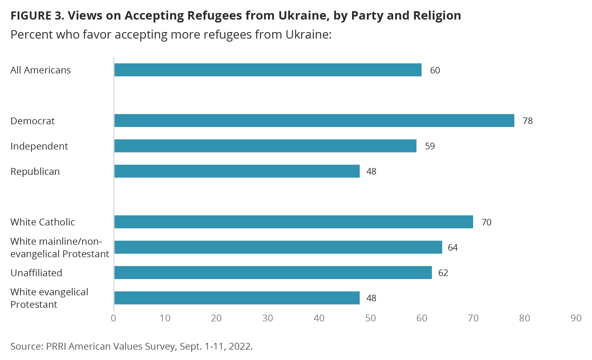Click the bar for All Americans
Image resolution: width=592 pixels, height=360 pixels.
pos(268,70)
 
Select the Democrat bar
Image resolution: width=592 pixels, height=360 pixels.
pos(314,120)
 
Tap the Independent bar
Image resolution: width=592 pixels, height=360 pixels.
pos(265,146)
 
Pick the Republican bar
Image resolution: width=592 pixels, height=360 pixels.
pos(237,171)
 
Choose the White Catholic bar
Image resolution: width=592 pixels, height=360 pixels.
pos(294,222)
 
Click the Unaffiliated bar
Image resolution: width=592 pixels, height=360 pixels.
pos(273,272)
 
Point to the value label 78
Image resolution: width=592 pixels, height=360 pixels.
pos(528,121)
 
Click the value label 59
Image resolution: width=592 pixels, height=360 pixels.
pos(430,146)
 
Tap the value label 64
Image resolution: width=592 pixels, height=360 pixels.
pos(453,247)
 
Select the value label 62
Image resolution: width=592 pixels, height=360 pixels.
pos(443,273)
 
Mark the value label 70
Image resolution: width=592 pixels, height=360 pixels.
pos(486,222)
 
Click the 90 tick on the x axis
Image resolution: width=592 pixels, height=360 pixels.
pos(576,318)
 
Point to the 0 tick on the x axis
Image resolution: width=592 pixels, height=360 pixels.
pos(113,318)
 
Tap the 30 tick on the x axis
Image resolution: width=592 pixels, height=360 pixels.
pos(267,318)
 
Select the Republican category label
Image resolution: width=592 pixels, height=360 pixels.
pos(35,172)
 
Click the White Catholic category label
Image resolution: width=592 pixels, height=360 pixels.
pos(42,222)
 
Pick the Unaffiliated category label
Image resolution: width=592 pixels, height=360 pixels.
pos(36,273)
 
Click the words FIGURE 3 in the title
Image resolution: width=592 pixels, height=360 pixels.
pos(37,15)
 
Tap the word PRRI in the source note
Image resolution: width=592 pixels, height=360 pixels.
pos(56,346)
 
